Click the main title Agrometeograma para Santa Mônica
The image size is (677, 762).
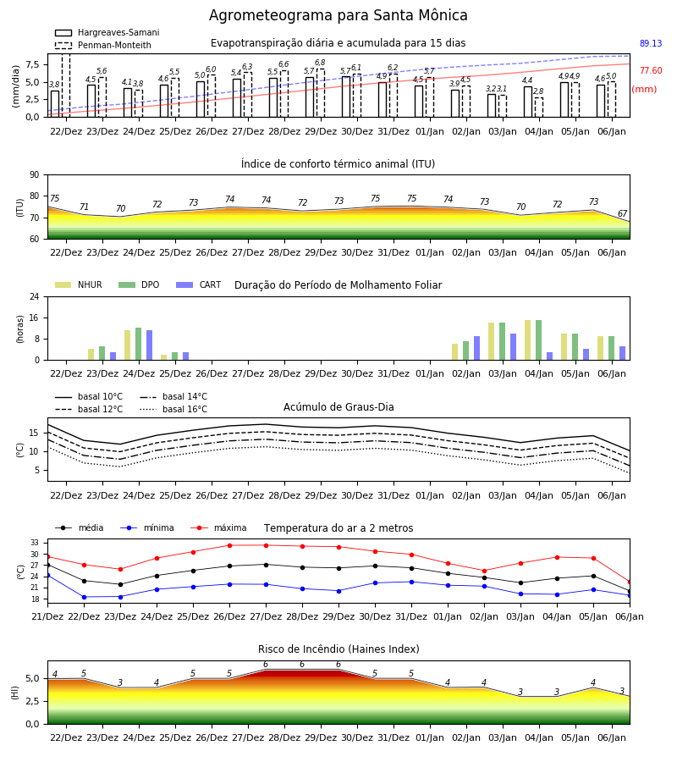(338, 15)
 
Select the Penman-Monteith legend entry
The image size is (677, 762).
(103, 45)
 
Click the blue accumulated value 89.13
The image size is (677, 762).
(651, 43)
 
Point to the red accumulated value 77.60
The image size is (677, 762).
(651, 70)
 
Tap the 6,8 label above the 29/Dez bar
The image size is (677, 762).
(320, 63)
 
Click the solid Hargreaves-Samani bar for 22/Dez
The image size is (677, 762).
(55, 103)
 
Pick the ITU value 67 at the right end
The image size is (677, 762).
(622, 213)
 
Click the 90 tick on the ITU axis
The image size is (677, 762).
(35, 175)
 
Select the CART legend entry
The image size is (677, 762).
(199, 284)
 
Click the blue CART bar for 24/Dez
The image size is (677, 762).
(150, 345)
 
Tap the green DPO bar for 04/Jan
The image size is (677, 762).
(538, 340)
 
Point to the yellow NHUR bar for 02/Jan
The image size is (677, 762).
(455, 352)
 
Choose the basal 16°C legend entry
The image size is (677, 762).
(173, 409)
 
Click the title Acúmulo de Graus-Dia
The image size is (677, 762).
(338, 407)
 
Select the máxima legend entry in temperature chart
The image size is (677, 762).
(218, 527)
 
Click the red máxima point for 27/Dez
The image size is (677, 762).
(266, 545)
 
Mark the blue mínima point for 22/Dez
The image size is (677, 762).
(84, 597)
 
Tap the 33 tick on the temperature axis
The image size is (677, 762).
(35, 543)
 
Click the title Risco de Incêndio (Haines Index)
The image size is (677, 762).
(338, 649)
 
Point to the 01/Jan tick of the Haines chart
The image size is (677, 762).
(430, 737)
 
